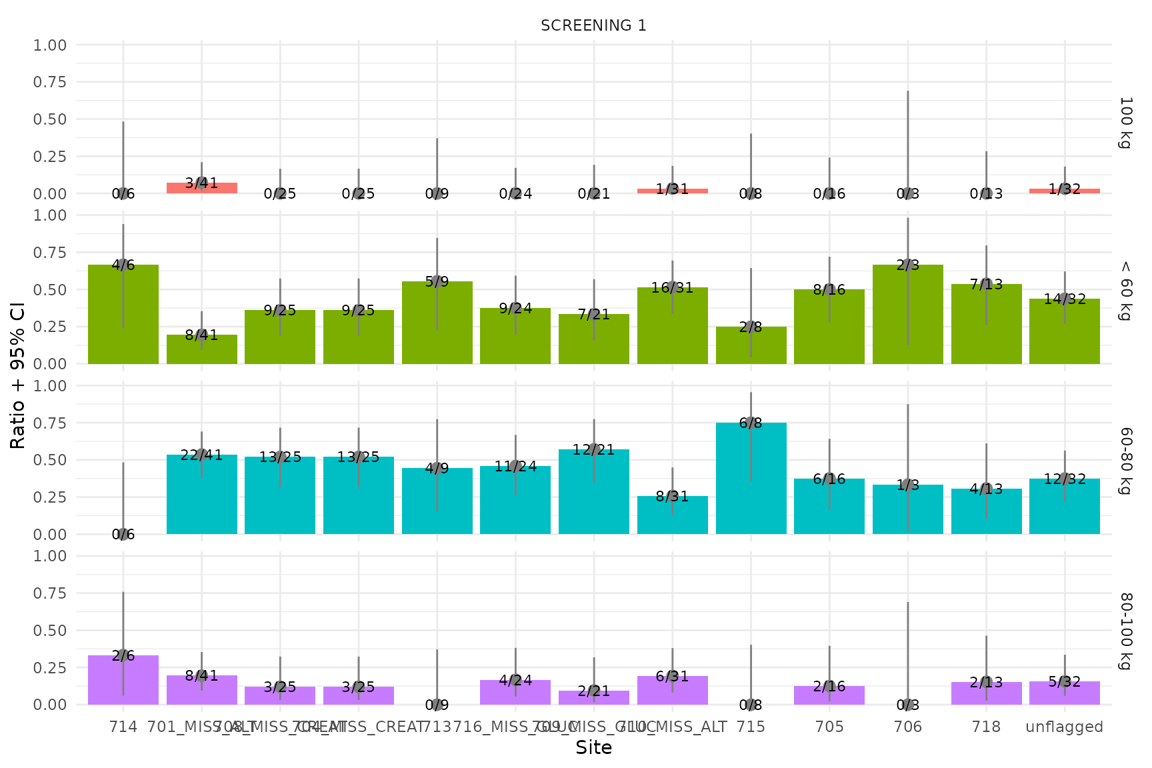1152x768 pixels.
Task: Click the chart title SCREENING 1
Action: point(593,25)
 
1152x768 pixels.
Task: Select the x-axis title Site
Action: point(593,748)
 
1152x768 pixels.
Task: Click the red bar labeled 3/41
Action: point(201,188)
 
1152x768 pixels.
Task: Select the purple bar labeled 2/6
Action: point(123,680)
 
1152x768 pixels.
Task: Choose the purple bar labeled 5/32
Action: point(1065,693)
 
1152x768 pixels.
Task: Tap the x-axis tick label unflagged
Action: point(1065,727)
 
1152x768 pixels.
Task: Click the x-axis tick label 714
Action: point(123,727)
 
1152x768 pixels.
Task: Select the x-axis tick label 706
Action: point(907,727)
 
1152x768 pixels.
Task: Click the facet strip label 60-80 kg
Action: point(1125,460)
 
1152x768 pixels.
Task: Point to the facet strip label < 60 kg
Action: point(1125,289)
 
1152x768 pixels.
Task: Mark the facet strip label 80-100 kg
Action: point(1125,630)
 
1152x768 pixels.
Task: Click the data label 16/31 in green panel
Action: point(672,288)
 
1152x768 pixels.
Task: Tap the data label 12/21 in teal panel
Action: point(593,450)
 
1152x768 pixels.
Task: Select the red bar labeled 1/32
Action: point(1065,191)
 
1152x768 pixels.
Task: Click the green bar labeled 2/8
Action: point(751,345)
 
